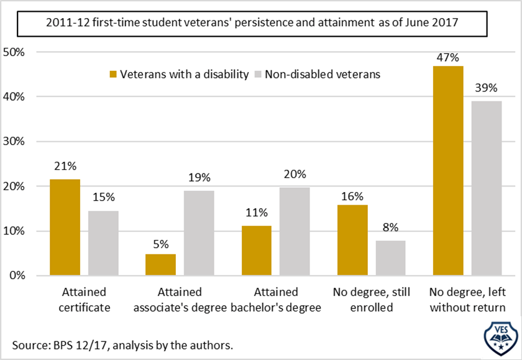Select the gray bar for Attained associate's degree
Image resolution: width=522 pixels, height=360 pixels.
[199, 233]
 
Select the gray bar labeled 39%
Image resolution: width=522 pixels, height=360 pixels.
[486, 188]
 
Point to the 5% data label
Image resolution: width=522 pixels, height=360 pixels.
[161, 244]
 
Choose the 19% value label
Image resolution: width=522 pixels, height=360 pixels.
[199, 179]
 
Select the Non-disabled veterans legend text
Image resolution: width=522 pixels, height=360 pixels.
[323, 75]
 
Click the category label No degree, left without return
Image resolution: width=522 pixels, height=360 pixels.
[467, 299]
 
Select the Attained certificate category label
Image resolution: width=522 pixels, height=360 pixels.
[85, 299]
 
